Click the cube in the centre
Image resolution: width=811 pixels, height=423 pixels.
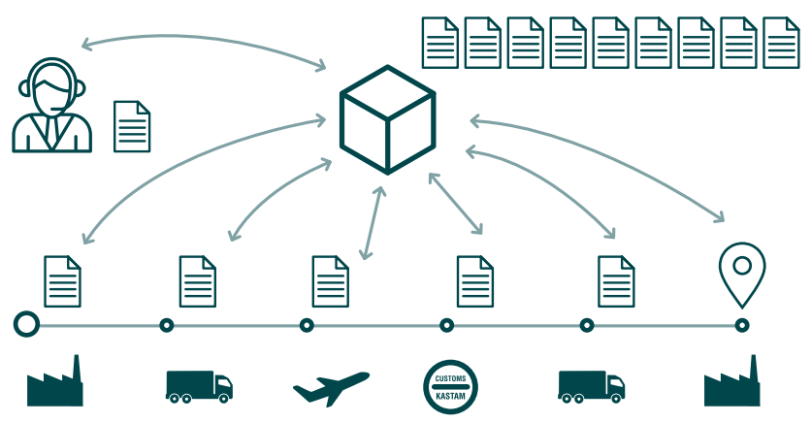pos(387,118)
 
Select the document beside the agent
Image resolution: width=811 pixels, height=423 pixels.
pos(132,126)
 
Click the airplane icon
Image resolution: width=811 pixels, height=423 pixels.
pos(331,387)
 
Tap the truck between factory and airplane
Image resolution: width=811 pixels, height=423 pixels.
pos(199,385)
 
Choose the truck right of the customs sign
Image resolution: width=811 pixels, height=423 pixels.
pos(591,385)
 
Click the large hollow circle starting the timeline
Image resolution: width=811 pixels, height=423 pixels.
pos(26,325)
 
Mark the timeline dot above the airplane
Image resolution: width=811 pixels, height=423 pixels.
pos(307,325)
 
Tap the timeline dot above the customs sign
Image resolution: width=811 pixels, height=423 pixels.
pos(446,325)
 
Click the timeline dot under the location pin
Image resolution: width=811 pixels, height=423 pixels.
pos(742,325)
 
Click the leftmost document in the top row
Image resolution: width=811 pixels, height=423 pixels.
pos(439,43)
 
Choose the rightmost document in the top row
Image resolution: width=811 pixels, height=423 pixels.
pos(781,43)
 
